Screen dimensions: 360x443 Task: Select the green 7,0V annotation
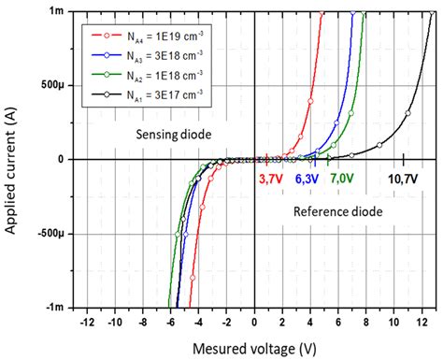click(x=340, y=177)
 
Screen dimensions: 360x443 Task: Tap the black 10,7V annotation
click(x=402, y=177)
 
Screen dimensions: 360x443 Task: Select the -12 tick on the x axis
click(x=87, y=322)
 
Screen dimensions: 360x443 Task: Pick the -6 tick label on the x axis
click(x=171, y=322)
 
